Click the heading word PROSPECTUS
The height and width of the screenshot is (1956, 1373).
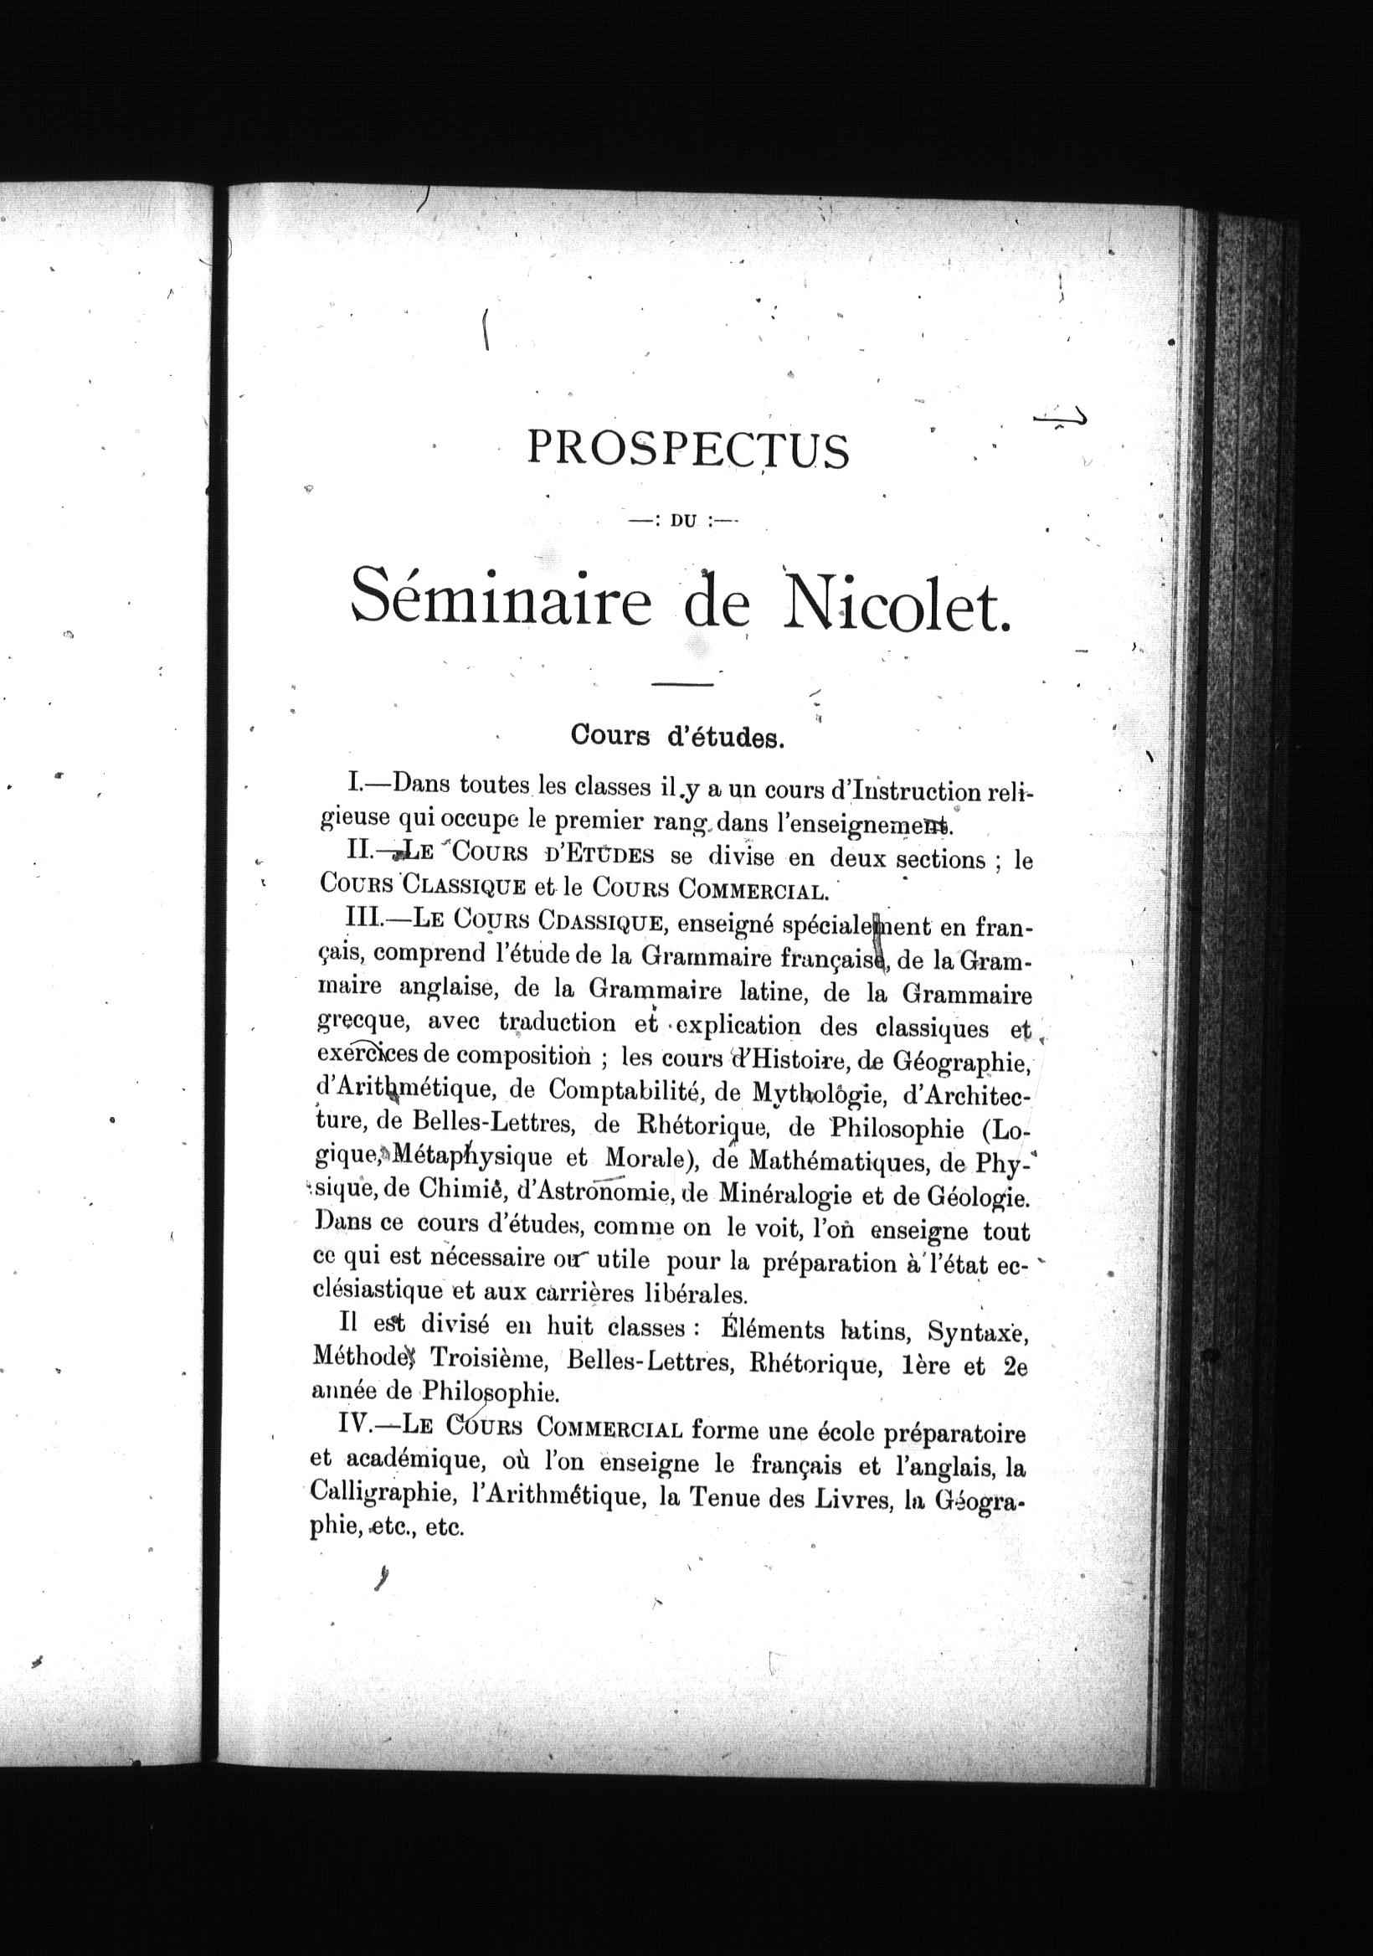coord(688,450)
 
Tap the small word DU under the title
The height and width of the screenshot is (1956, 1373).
coord(684,522)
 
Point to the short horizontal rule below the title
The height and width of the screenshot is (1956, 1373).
coord(681,683)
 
